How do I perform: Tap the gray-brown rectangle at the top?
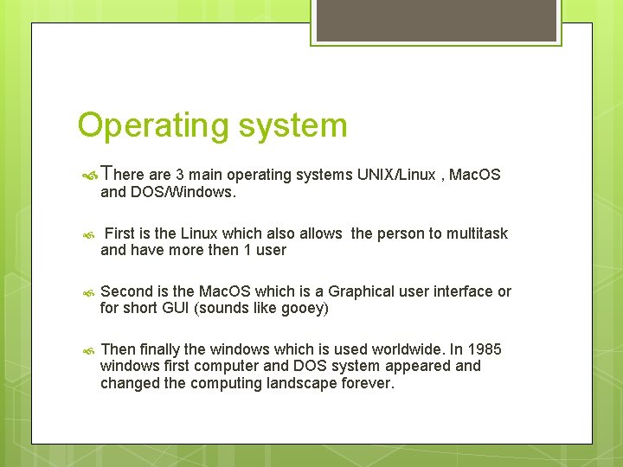pos(436,21)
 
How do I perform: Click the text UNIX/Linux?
pos(395,176)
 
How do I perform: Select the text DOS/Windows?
pos(183,193)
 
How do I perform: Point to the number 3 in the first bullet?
pos(179,176)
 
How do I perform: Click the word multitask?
pos(477,233)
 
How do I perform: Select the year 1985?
pos(484,349)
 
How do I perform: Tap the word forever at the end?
pos(367,383)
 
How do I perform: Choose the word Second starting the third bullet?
pos(127,291)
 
